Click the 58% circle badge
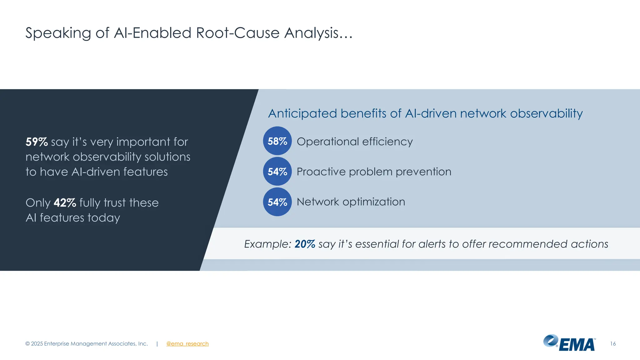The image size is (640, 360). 277,141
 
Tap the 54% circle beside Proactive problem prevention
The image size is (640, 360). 277,171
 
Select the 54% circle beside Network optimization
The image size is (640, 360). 277,202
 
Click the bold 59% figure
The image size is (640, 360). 37,142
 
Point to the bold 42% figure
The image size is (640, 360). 65,203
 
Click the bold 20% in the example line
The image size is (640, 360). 305,244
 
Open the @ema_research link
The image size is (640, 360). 187,344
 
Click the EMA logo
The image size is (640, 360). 569,343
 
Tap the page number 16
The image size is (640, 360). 613,344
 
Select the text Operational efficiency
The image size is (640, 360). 355,142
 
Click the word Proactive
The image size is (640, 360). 321,172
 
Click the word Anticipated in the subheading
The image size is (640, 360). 302,114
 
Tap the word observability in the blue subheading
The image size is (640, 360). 546,113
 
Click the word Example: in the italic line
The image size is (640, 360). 267,244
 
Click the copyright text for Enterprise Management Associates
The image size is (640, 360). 87,344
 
